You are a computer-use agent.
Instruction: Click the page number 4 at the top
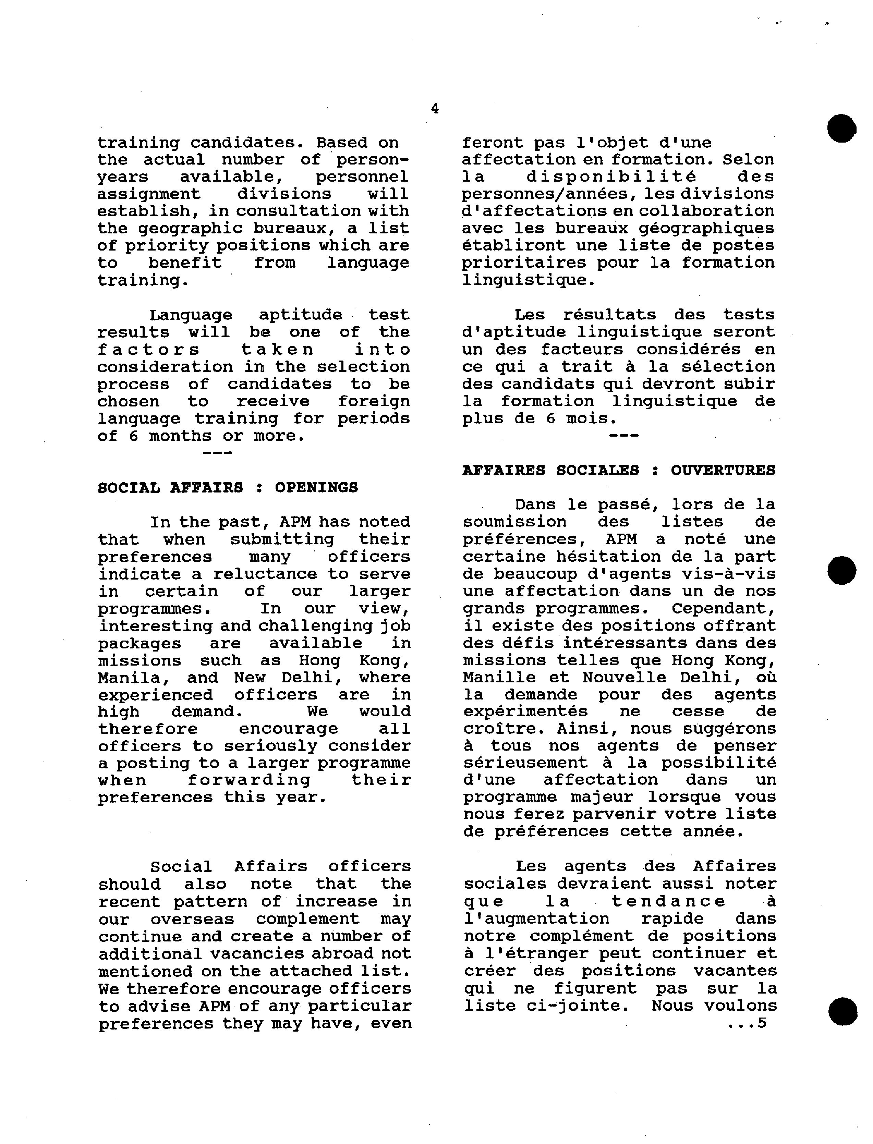434,109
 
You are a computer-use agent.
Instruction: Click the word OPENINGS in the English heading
316,487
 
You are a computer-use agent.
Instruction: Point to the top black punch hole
842,128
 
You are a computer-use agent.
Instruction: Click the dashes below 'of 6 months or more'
217,453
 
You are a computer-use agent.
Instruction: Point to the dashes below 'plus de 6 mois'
623,435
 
